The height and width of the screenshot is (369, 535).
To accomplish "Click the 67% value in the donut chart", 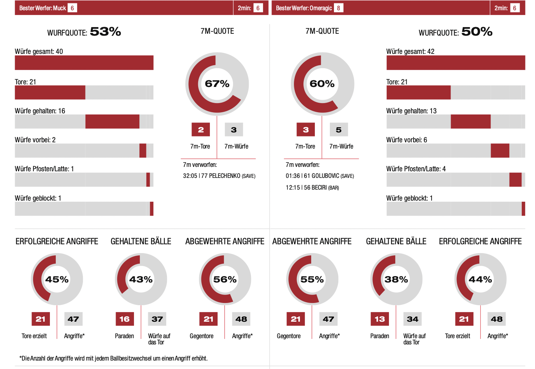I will [x=217, y=84].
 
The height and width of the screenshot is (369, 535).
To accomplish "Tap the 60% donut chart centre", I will [x=322, y=84].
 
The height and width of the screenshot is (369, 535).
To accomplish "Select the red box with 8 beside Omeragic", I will [x=338, y=8].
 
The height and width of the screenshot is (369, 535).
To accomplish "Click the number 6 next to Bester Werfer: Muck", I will [x=72, y=8].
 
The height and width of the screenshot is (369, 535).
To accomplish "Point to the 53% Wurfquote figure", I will [x=105, y=32].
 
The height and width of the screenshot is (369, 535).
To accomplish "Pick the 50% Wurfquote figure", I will [x=477, y=32].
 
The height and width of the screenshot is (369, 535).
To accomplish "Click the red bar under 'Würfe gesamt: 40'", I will [x=84, y=63].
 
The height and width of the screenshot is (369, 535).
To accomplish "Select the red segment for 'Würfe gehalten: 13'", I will [x=470, y=121].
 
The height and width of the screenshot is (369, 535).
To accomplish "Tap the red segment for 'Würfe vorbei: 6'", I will [x=500, y=150].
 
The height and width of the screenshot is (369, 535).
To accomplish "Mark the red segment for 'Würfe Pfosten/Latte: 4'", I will [x=515, y=180].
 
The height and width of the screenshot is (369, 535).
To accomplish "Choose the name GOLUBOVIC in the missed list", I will [x=325, y=176].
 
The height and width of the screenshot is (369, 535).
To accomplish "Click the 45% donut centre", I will [x=57, y=280].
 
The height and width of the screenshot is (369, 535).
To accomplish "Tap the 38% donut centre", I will [x=396, y=280].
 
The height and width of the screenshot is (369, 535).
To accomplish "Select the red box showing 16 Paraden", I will [x=124, y=319].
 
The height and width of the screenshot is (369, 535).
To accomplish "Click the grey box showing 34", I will [x=412, y=319].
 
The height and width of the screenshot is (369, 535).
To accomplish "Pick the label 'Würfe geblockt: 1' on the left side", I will [x=38, y=198].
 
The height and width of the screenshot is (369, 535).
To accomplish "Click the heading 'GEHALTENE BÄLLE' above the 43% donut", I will [x=141, y=241].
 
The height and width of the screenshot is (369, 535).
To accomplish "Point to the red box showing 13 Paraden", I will [x=379, y=319].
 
